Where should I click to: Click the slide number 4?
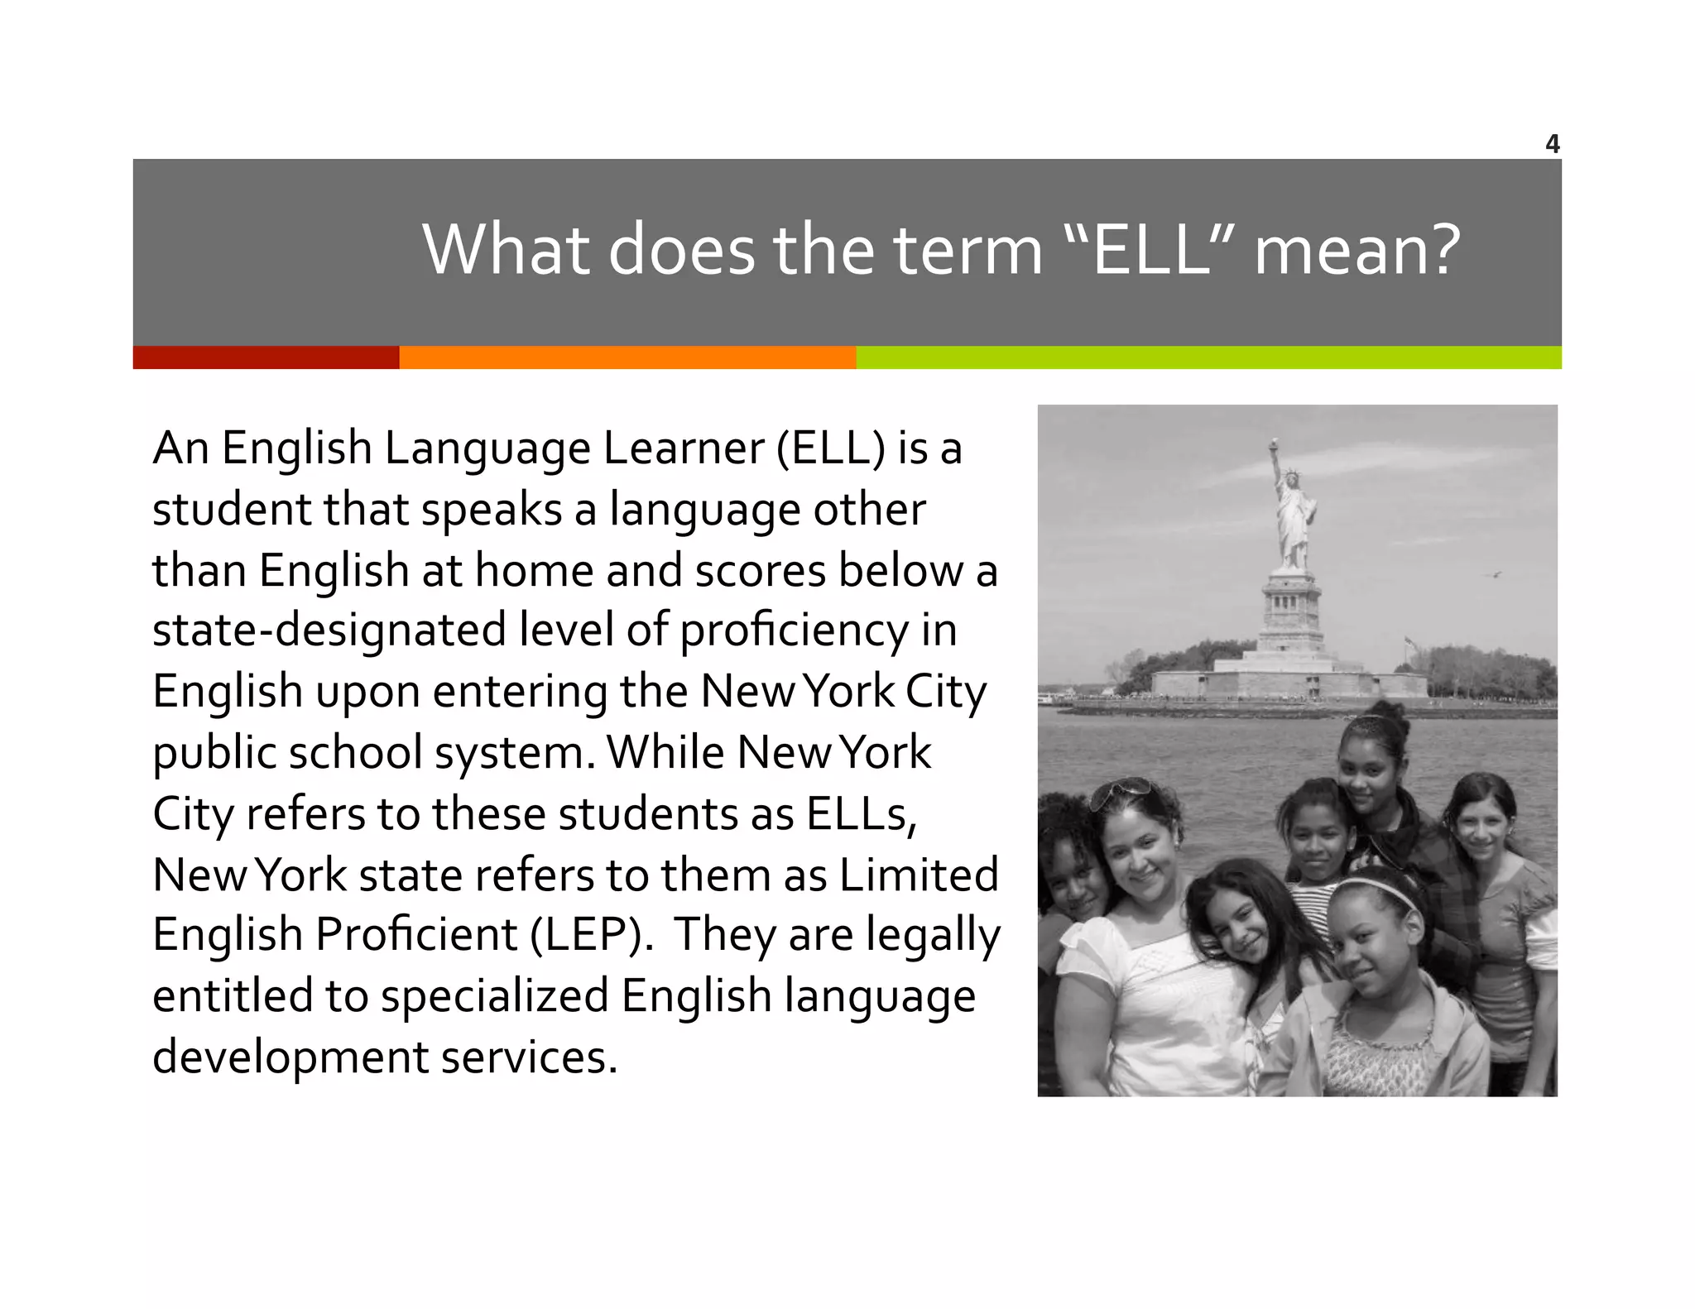[x=1552, y=145]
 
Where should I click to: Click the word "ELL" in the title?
[x=1152, y=250]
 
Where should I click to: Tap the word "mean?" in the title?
[x=1357, y=250]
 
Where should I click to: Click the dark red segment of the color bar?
[x=266, y=357]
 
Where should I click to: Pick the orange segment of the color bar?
[x=627, y=357]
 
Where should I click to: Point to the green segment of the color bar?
[x=1208, y=357]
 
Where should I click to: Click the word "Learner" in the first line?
[x=684, y=448]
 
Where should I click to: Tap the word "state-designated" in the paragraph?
[x=329, y=631]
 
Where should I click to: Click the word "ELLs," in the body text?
[x=862, y=813]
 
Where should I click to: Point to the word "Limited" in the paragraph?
[x=919, y=875]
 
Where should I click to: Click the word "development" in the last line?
[x=291, y=1057]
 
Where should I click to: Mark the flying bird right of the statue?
[x=1496, y=574]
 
